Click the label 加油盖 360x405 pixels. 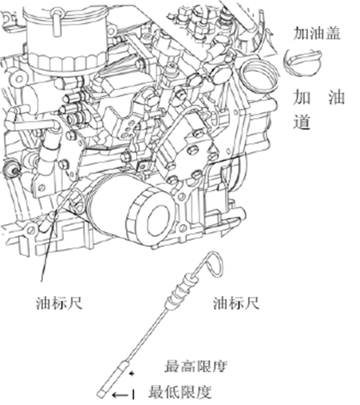[317, 33]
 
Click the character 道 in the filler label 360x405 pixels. [301, 122]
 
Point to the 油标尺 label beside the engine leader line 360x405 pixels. [59, 303]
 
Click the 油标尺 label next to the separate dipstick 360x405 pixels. [236, 303]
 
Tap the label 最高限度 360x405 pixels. [196, 366]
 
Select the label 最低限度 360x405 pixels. [180, 392]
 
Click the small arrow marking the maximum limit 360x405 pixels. [132, 374]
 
